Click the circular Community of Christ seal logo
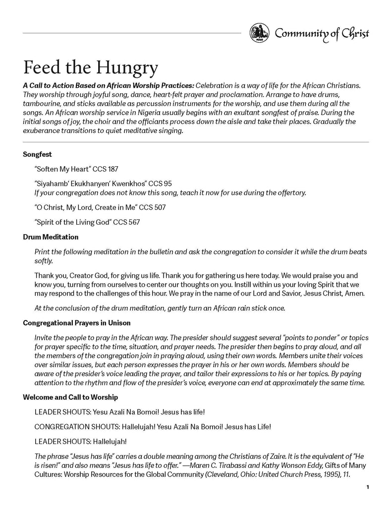[260, 33]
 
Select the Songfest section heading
[37, 154]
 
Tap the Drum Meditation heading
[51, 237]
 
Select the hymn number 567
[133, 222]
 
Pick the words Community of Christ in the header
[322, 34]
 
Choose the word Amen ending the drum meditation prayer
[355, 294]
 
